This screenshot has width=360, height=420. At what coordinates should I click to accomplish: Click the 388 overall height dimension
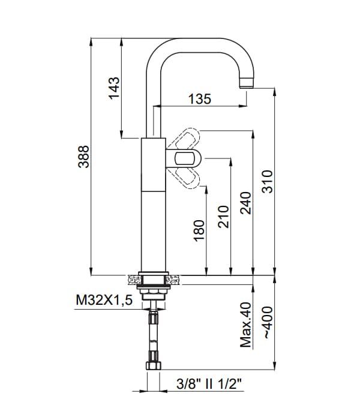pos(83,157)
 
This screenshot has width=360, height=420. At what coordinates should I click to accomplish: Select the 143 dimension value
pos(114,88)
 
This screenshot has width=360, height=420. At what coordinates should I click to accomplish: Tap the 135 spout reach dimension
pos(200,99)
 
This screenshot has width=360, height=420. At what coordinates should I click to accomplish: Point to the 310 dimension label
pos(267,181)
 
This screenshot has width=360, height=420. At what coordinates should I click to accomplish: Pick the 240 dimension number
pos(245,203)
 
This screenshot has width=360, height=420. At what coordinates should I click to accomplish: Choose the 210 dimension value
pos(223,217)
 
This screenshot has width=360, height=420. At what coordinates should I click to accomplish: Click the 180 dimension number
pos(199,230)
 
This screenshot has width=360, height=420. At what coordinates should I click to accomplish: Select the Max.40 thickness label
pos(245,325)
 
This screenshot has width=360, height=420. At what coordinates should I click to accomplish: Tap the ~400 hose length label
pos(267,322)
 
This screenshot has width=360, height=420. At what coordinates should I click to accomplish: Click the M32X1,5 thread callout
pos(104,300)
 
